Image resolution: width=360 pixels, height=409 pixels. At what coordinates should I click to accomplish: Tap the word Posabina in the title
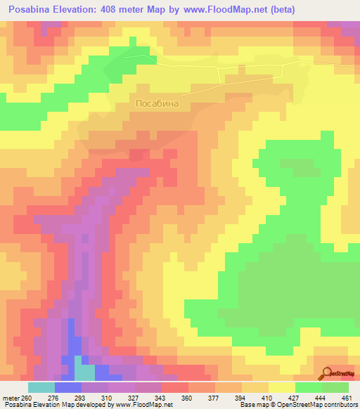(31, 10)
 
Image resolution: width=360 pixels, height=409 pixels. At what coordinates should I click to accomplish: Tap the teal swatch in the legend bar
(41, 387)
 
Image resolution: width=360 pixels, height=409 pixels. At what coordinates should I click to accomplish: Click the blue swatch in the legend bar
(67, 387)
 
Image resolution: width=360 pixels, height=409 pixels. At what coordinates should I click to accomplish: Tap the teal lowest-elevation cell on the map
(84, 372)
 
